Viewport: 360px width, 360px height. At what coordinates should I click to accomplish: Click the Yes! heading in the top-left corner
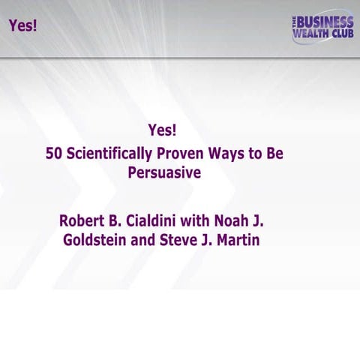coord(22,25)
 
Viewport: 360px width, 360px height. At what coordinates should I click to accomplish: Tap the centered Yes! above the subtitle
coord(163,129)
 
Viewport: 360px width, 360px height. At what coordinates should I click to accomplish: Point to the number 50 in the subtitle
coord(54,154)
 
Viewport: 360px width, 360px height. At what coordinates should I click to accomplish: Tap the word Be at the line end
coord(275,154)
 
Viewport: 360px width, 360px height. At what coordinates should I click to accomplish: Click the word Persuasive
coord(164,172)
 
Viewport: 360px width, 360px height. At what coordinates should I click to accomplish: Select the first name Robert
coord(82,222)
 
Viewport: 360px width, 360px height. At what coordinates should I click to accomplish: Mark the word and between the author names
coord(148,241)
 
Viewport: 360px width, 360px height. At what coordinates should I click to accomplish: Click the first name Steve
coord(183,241)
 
